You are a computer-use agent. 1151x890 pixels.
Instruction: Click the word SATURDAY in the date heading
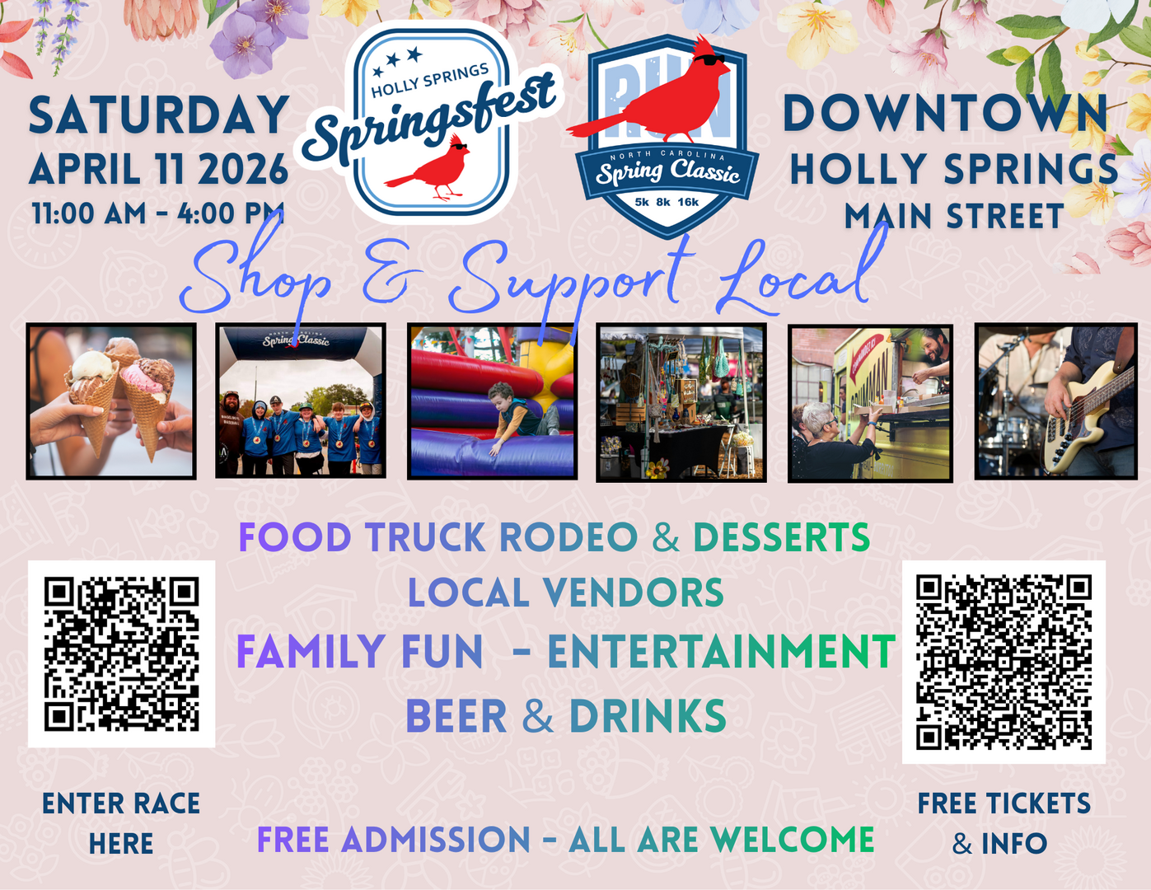[x=159, y=115]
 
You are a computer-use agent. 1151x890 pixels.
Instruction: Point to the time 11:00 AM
[x=89, y=214]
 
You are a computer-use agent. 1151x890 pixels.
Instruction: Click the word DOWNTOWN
[x=945, y=114]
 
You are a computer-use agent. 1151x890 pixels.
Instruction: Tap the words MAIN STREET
[x=954, y=217]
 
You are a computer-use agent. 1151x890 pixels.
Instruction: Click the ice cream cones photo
[x=111, y=401]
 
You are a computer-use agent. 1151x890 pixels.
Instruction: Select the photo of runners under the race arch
[x=301, y=401]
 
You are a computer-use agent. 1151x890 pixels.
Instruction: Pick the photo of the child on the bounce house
[x=492, y=401]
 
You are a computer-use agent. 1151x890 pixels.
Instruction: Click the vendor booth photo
[x=681, y=403]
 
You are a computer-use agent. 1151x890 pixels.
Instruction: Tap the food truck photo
[x=870, y=403]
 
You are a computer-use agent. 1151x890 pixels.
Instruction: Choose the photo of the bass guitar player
[x=1055, y=401]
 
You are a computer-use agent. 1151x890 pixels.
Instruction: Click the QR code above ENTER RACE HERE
[x=122, y=653]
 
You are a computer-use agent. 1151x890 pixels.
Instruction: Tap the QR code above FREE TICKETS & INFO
[x=1004, y=662]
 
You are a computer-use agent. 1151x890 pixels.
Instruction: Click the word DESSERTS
[x=781, y=538]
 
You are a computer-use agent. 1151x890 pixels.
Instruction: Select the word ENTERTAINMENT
[x=721, y=652]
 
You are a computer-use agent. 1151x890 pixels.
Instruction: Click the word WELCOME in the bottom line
[x=792, y=841]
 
